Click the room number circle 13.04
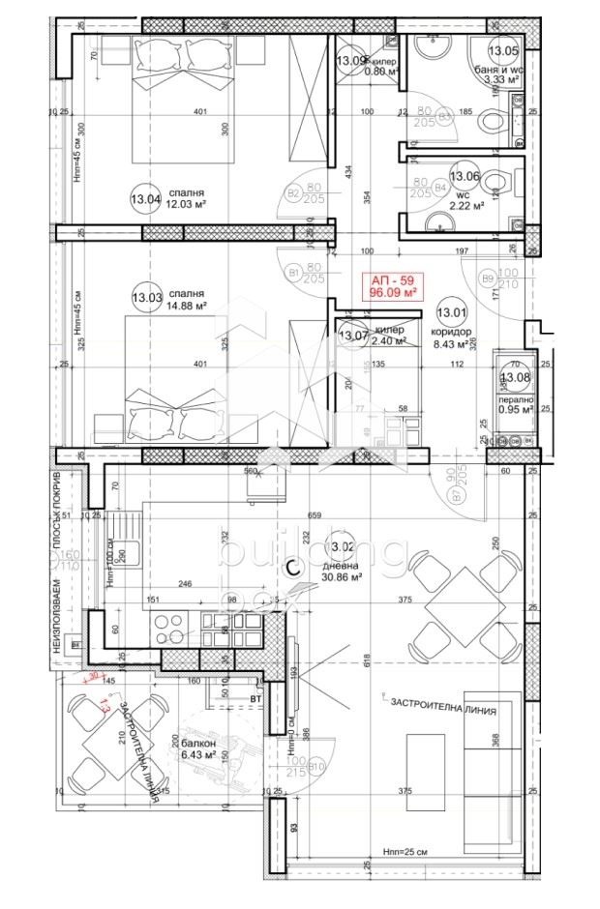click(145, 200)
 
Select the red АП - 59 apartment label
click(392, 285)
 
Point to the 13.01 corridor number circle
click(450, 311)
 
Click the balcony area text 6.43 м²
click(199, 758)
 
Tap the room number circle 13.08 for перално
click(515, 377)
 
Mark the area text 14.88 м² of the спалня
click(188, 307)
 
